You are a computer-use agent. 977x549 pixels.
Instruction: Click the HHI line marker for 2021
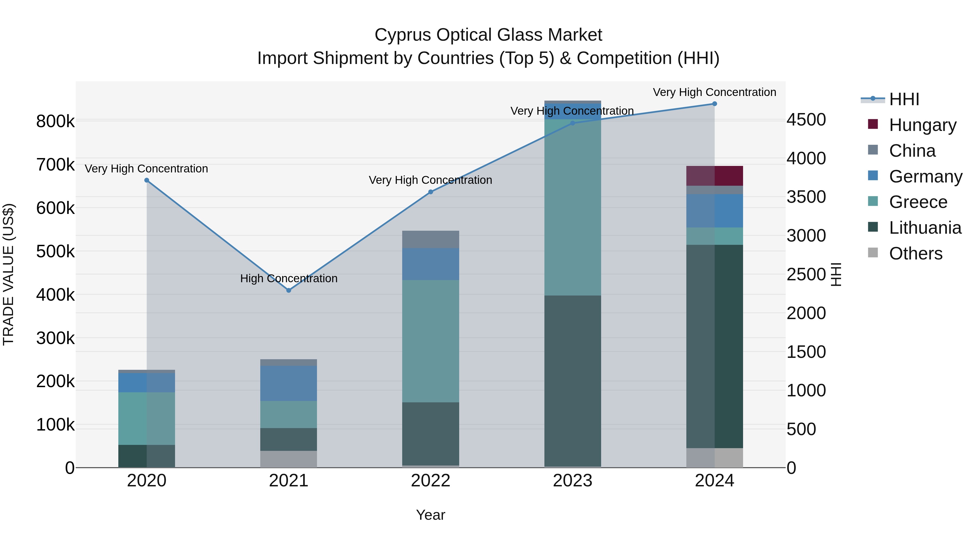289,290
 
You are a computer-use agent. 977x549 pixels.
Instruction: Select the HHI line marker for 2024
715,104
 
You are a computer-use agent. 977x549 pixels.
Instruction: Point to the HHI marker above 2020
147,180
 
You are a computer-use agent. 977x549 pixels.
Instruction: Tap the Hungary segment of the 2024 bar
715,176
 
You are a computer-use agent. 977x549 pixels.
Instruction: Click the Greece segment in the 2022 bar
430,341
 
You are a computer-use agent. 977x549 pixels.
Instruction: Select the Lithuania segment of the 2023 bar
572,381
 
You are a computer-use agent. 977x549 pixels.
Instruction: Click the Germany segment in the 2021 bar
289,383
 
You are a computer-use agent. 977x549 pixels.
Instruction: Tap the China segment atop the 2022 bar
430,239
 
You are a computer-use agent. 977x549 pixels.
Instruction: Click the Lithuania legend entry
925,228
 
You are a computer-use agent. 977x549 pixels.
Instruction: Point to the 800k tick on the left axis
55,122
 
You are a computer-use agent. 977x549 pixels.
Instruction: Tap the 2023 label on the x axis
572,481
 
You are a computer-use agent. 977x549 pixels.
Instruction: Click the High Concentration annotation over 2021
289,278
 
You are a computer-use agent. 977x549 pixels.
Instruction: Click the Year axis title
430,515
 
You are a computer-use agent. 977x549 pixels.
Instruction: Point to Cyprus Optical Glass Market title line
488,35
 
